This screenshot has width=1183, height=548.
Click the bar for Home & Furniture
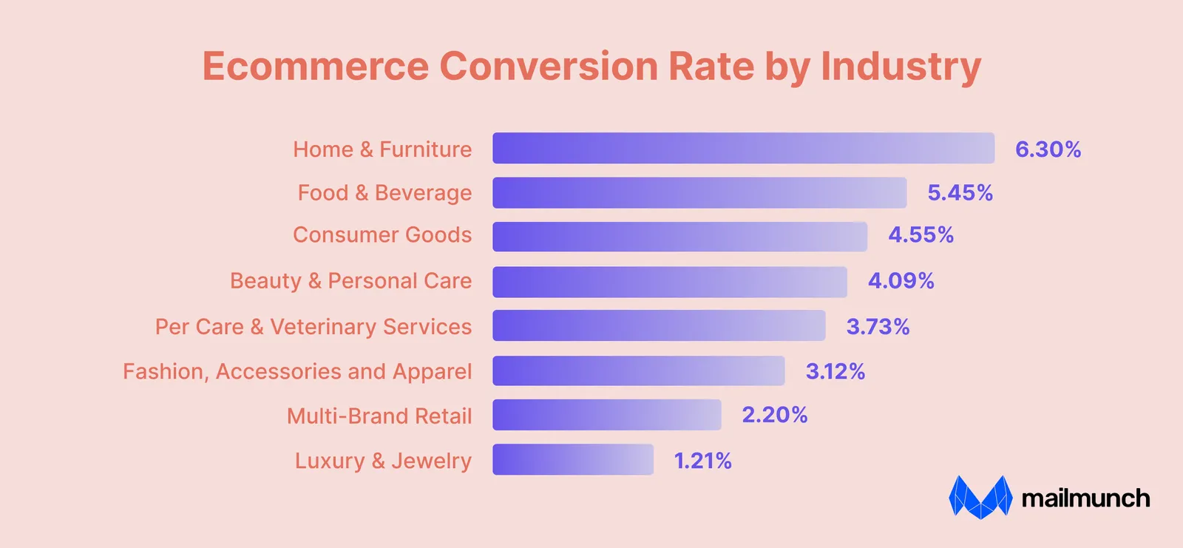(744, 148)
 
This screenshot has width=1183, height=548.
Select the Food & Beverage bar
(699, 193)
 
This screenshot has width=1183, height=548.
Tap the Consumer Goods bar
(679, 236)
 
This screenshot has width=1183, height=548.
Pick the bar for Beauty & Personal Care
(670, 282)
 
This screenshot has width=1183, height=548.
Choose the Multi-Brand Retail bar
(607, 415)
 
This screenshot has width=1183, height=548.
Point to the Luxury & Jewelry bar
(573, 459)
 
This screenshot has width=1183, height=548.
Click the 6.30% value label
(1048, 149)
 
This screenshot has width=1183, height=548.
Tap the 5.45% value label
(960, 193)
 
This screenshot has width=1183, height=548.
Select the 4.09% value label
(901, 280)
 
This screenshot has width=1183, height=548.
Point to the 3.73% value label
(878, 327)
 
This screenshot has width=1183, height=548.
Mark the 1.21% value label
(702, 461)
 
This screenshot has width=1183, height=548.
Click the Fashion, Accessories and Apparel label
(297, 372)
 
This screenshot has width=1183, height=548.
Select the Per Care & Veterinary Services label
(313, 327)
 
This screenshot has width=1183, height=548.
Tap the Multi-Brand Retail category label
(379, 416)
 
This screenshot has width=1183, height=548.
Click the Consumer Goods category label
(382, 234)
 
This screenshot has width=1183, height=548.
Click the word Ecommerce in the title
(315, 66)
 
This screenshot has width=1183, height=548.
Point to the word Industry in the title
(901, 67)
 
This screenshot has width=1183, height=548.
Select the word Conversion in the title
(549, 66)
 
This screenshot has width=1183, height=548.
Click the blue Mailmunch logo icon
(980, 497)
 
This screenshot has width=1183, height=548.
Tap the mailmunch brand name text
(1086, 498)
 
